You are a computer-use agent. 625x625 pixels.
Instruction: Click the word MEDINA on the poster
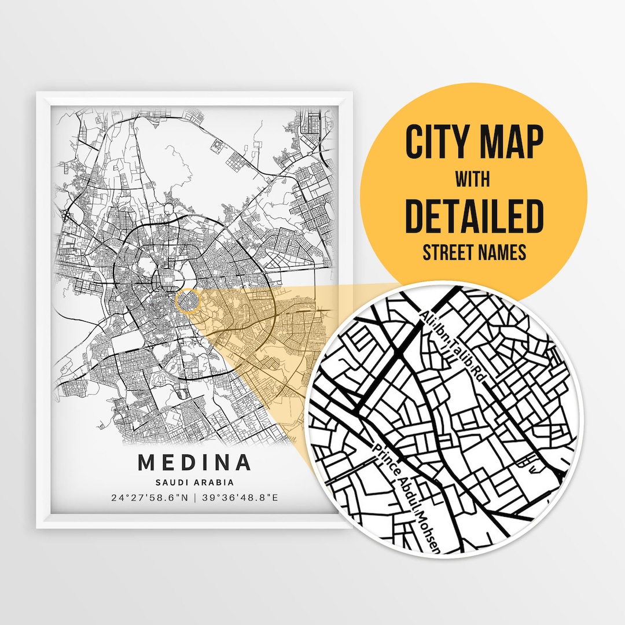(x=194, y=462)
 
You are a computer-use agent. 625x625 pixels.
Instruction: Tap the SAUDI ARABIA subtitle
(x=194, y=481)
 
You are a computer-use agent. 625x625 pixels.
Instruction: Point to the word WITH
(x=472, y=179)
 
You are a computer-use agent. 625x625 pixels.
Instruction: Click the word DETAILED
(x=474, y=215)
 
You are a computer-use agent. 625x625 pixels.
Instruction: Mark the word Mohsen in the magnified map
(x=431, y=532)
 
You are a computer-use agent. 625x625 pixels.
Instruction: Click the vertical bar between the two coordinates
(x=195, y=497)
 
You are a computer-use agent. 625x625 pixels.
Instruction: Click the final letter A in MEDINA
(x=244, y=462)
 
